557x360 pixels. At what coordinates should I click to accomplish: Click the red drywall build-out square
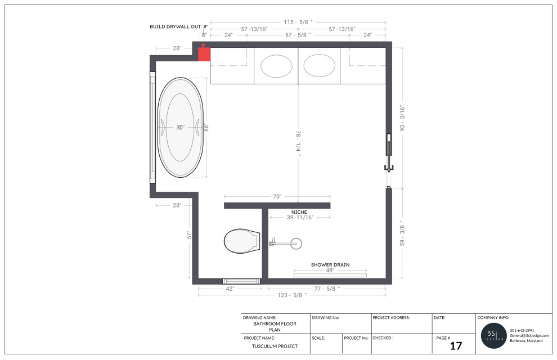(x=204, y=54)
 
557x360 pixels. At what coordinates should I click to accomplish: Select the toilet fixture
(x=241, y=241)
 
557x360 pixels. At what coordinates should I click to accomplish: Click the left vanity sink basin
(x=276, y=66)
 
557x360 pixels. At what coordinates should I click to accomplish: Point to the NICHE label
(x=299, y=211)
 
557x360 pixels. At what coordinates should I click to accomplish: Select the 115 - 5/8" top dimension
(x=298, y=22)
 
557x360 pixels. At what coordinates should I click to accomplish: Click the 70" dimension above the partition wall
(x=277, y=196)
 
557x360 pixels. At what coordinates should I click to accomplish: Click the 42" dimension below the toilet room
(x=230, y=288)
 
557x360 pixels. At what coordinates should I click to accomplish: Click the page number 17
(x=456, y=345)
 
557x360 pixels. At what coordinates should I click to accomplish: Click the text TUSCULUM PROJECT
(x=275, y=346)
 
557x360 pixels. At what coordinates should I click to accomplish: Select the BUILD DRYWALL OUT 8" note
(x=179, y=26)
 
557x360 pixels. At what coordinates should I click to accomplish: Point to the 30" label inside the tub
(x=180, y=128)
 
